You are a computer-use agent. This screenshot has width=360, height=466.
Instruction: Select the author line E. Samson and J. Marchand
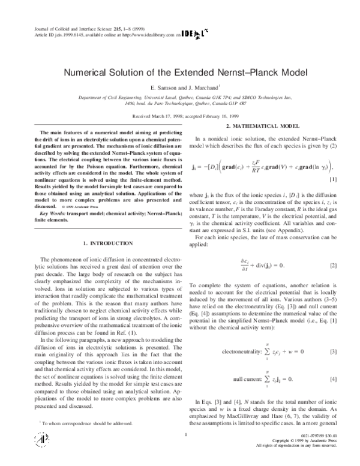tap(179, 88)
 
